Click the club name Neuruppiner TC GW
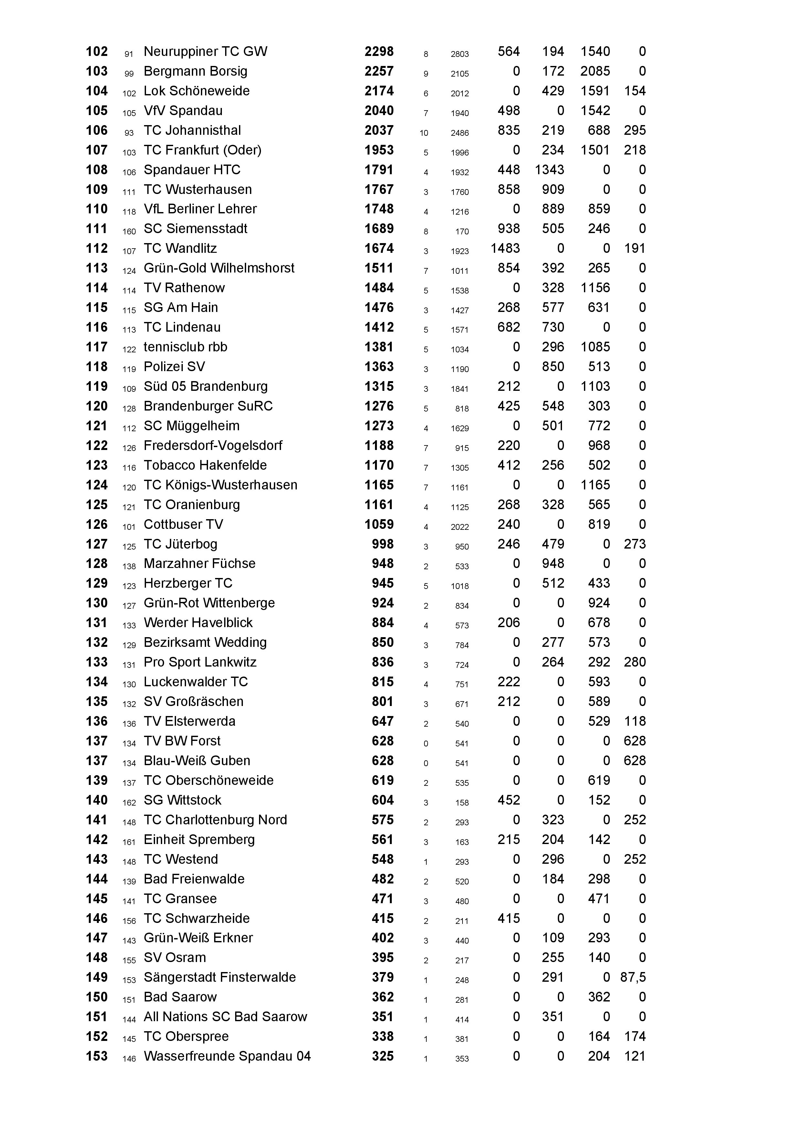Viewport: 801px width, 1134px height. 205,51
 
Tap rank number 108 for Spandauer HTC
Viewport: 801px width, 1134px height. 96,170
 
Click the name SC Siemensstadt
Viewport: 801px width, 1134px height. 195,229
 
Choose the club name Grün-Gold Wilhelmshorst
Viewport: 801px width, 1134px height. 219,268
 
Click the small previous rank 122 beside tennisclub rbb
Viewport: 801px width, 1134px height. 129,350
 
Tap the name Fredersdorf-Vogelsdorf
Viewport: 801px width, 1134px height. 213,445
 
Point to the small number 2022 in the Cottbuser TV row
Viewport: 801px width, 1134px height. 460,527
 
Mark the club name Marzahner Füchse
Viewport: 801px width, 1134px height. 199,563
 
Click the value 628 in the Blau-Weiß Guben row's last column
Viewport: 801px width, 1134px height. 634,761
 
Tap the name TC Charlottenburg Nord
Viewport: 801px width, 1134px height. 215,820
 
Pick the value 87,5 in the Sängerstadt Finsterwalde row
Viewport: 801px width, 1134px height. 633,978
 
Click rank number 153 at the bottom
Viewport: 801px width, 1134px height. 96,1056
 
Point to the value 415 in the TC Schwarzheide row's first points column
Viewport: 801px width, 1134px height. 508,918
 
